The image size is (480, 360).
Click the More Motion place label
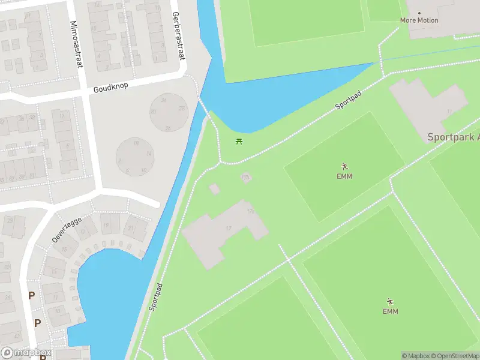click(x=419, y=20)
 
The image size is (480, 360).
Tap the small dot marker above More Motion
click(x=419, y=13)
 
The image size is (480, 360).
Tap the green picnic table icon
click(x=239, y=142)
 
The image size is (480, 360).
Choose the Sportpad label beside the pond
click(x=347, y=102)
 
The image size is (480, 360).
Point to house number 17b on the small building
click(x=245, y=177)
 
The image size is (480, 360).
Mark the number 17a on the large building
click(x=251, y=211)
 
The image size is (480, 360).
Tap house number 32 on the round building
click(x=181, y=109)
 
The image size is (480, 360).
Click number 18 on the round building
click(x=136, y=143)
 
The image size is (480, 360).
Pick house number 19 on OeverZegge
click(x=107, y=226)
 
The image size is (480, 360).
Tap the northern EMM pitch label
click(x=344, y=176)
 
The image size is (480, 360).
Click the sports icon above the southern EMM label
click(x=390, y=301)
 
